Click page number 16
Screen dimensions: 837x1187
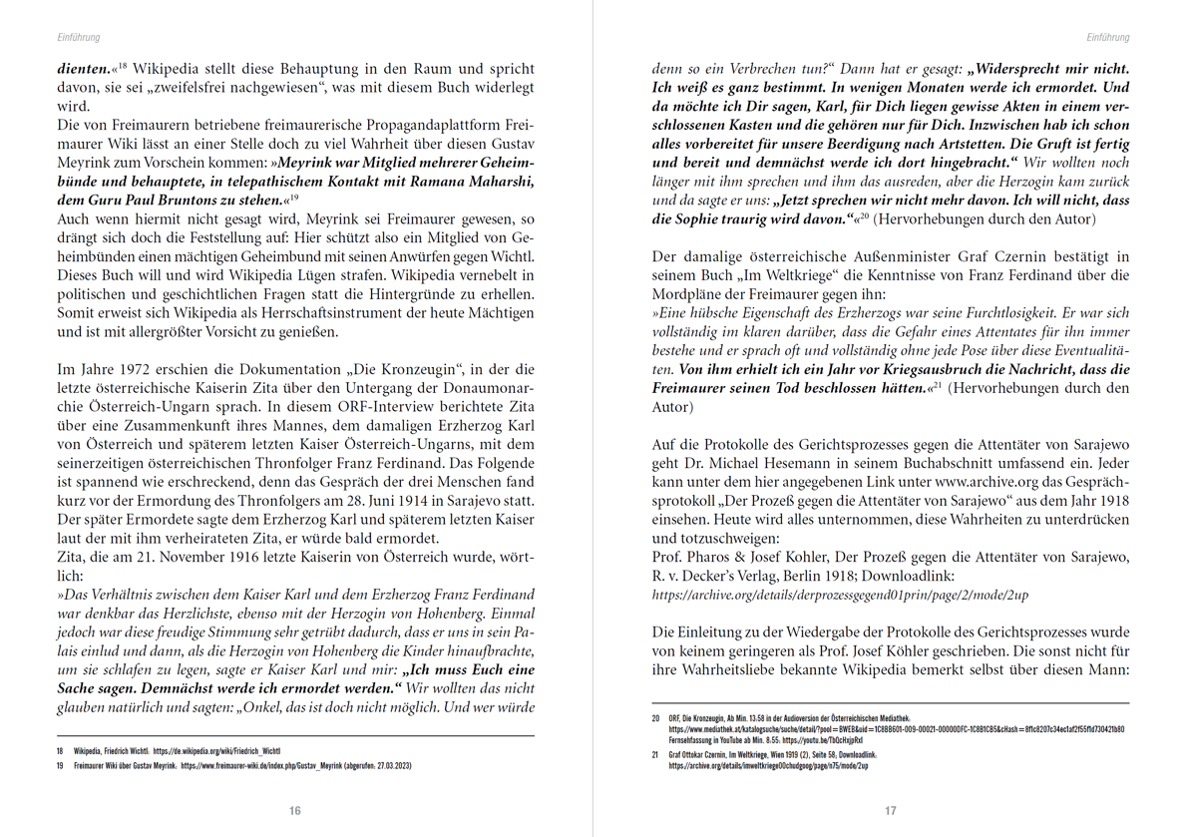[294, 811]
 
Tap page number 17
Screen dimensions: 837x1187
[891, 811]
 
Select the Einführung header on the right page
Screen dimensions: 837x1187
[1108, 37]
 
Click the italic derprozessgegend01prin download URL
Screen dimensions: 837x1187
[841, 595]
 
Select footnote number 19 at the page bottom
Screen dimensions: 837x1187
[60, 766]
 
